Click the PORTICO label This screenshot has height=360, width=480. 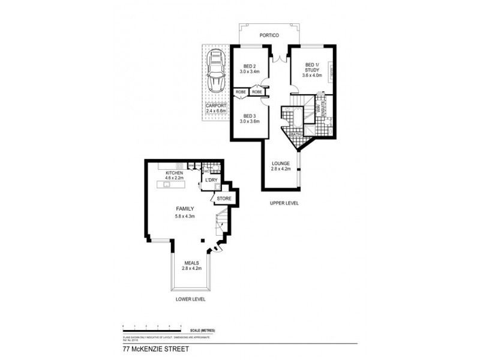click(x=268, y=35)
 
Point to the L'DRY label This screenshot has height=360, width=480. click(x=211, y=180)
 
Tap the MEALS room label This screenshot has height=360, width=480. click(x=191, y=263)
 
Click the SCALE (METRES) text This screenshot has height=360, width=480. click(x=204, y=331)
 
